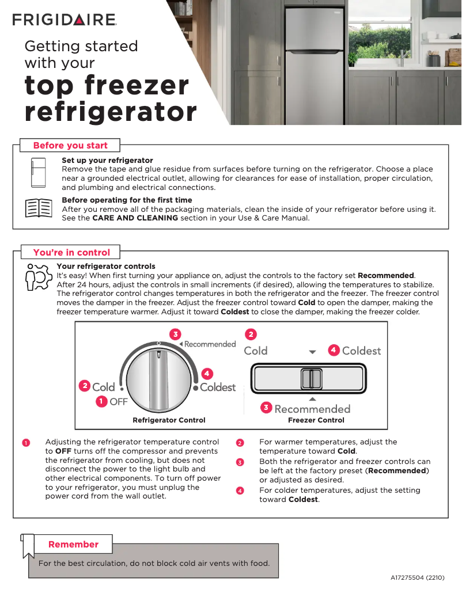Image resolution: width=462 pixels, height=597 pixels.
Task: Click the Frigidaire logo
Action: point(65,20)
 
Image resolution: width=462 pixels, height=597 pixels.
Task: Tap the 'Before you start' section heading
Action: point(70,145)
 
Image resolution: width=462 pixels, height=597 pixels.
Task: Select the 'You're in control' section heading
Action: point(71,252)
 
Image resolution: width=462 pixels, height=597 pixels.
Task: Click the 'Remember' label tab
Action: point(73,544)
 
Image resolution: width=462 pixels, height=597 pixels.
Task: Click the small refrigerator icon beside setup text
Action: point(39,172)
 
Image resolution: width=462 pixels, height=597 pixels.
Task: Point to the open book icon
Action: point(39,208)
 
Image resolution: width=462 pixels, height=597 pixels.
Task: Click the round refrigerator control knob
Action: point(158,379)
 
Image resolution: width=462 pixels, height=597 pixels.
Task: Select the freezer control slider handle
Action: point(311,380)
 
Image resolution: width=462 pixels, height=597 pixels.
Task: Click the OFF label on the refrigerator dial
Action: point(118,402)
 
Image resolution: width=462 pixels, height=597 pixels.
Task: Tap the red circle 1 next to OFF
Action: point(101,401)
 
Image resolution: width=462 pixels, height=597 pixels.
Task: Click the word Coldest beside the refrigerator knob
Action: point(218,387)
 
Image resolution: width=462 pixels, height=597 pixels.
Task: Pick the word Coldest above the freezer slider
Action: point(361,351)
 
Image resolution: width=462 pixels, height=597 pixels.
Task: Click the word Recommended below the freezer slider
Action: point(312,409)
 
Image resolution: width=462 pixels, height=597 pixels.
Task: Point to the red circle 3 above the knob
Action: point(175,334)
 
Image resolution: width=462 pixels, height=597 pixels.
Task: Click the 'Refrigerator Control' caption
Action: point(169,420)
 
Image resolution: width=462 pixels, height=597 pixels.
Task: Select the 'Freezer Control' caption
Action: point(316,420)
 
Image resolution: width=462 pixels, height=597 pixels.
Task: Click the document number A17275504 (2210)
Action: point(418,577)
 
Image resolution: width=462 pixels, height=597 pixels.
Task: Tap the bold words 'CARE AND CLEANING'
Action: point(135,218)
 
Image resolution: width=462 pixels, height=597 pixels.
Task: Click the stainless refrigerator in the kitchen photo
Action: point(314,63)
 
